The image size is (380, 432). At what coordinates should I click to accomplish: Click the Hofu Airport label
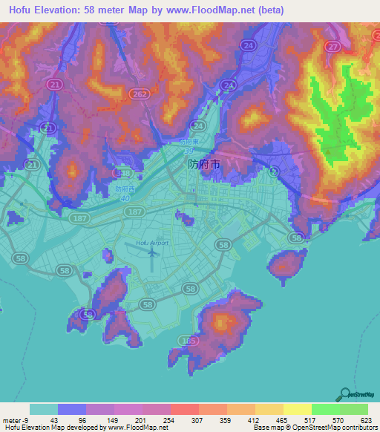pyautogui.click(x=153, y=243)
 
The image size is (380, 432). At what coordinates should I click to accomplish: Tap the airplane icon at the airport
pyautogui.click(x=153, y=253)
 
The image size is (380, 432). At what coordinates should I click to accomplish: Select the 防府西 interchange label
pyautogui.click(x=125, y=189)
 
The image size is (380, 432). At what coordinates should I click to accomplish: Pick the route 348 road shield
pyautogui.click(x=125, y=174)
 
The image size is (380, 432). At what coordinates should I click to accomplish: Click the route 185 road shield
pyautogui.click(x=190, y=341)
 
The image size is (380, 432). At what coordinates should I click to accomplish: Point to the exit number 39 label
pyautogui.click(x=191, y=150)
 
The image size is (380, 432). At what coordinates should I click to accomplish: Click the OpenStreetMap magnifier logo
pyautogui.click(x=344, y=395)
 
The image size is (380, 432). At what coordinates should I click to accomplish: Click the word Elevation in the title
pyautogui.click(x=65, y=10)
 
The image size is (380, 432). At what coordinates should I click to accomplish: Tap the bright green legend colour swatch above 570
pyautogui.click(x=325, y=409)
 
